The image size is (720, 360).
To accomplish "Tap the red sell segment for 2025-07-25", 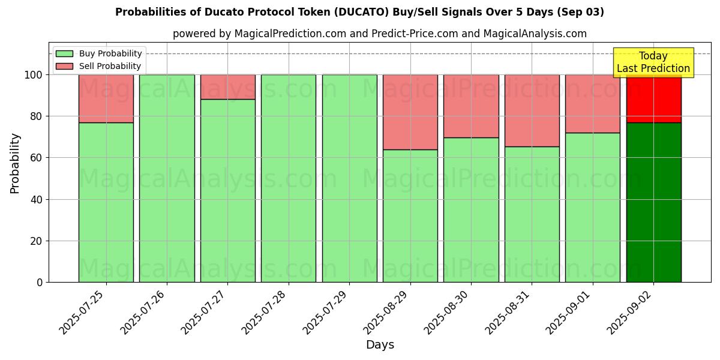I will pos(106,98).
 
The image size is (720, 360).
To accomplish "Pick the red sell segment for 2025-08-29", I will pos(410,112).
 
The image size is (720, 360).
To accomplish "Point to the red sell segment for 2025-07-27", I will pos(227,87).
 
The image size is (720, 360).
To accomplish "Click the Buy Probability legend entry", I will pos(98,53).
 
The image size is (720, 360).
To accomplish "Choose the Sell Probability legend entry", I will pos(98,66).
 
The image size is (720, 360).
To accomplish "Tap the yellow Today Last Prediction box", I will pos(653,62).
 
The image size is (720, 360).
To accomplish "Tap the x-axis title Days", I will pos(380,345).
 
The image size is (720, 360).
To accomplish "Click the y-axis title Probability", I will pos(15,163).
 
